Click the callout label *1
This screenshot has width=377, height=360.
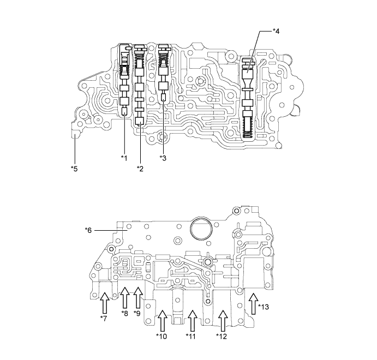click(x=124, y=158)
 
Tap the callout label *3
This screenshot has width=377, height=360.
click(x=163, y=158)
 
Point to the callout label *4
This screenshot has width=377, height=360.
click(x=277, y=32)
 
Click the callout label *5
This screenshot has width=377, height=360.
click(x=74, y=168)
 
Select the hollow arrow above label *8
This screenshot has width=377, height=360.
click(x=124, y=298)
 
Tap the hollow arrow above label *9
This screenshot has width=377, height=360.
click(x=137, y=298)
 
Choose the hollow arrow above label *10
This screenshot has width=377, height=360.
click(x=162, y=320)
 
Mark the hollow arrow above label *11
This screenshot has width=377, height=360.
click(x=192, y=320)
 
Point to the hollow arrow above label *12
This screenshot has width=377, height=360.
click(x=222, y=320)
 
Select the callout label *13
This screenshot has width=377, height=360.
click(x=265, y=307)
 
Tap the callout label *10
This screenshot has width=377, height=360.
click(x=162, y=335)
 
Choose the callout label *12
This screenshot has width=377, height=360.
click(x=222, y=335)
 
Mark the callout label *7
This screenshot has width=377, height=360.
click(x=103, y=318)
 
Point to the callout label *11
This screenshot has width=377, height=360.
click(x=192, y=335)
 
